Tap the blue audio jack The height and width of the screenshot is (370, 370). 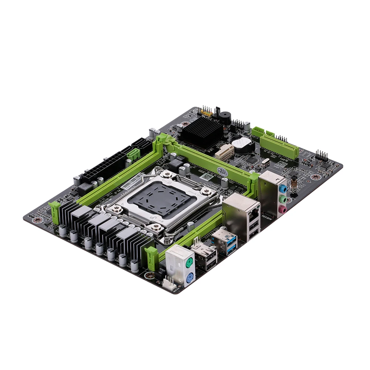(x=282, y=188)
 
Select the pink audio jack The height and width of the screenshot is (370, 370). (x=282, y=210)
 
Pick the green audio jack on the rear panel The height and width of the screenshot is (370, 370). (x=282, y=199)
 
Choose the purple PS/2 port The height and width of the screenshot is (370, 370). (x=189, y=277)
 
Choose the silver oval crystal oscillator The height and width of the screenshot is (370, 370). (x=265, y=162)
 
